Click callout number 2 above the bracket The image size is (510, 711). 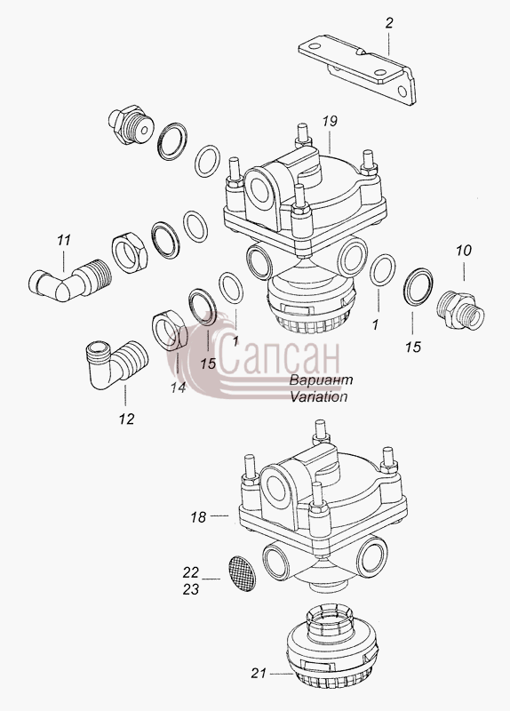click(389, 23)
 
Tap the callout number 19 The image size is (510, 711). click(330, 122)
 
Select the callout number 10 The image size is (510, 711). click(464, 251)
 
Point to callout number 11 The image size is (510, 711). click(64, 240)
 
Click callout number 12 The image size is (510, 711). click(127, 419)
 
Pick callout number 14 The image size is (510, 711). click(179, 387)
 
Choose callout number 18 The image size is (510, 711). click(198, 517)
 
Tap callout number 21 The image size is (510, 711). click(259, 674)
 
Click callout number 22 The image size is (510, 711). click(191, 572)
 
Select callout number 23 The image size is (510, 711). click(191, 589)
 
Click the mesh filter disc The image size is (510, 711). click(241, 574)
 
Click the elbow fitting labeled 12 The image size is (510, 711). click(115, 363)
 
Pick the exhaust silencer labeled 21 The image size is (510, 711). click(332, 646)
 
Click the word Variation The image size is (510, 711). click(319, 396)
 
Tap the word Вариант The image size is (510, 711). click(321, 380)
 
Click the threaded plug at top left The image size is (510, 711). click(131, 124)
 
